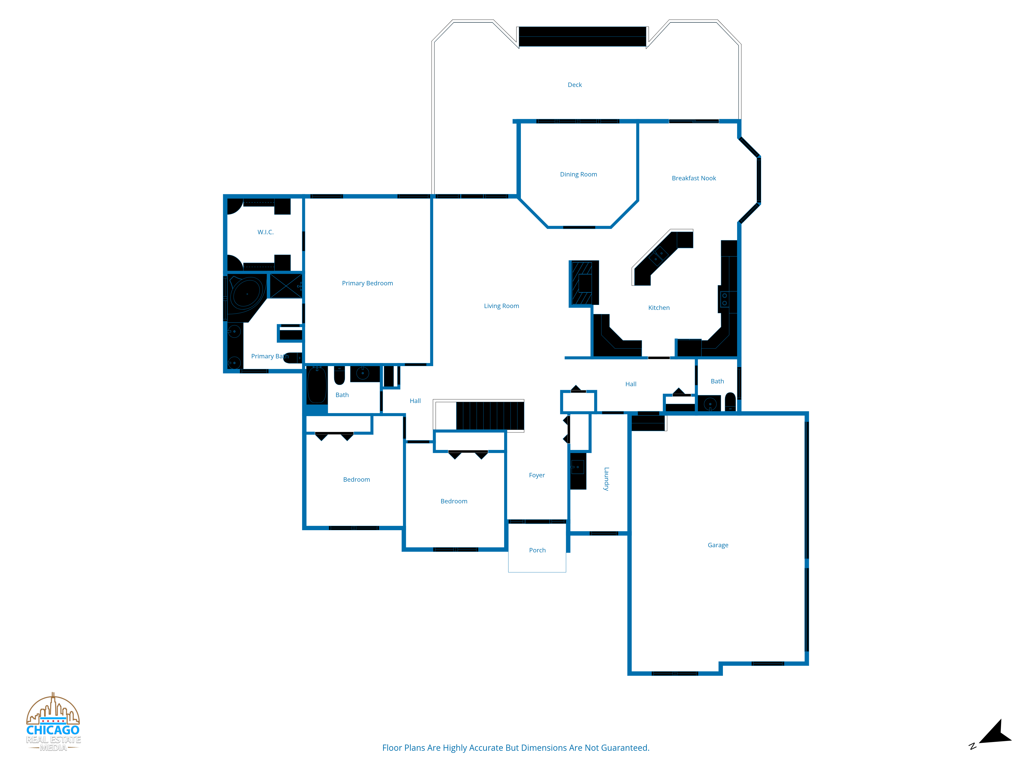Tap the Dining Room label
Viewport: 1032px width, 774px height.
point(578,174)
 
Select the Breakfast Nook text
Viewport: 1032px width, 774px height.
point(694,178)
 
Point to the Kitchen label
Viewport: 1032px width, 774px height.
point(659,308)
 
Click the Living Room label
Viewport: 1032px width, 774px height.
point(502,306)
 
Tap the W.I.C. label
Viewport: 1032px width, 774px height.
point(265,232)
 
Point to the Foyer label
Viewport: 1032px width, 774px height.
point(537,475)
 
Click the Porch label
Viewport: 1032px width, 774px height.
point(537,551)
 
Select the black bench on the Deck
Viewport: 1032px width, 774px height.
point(582,36)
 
